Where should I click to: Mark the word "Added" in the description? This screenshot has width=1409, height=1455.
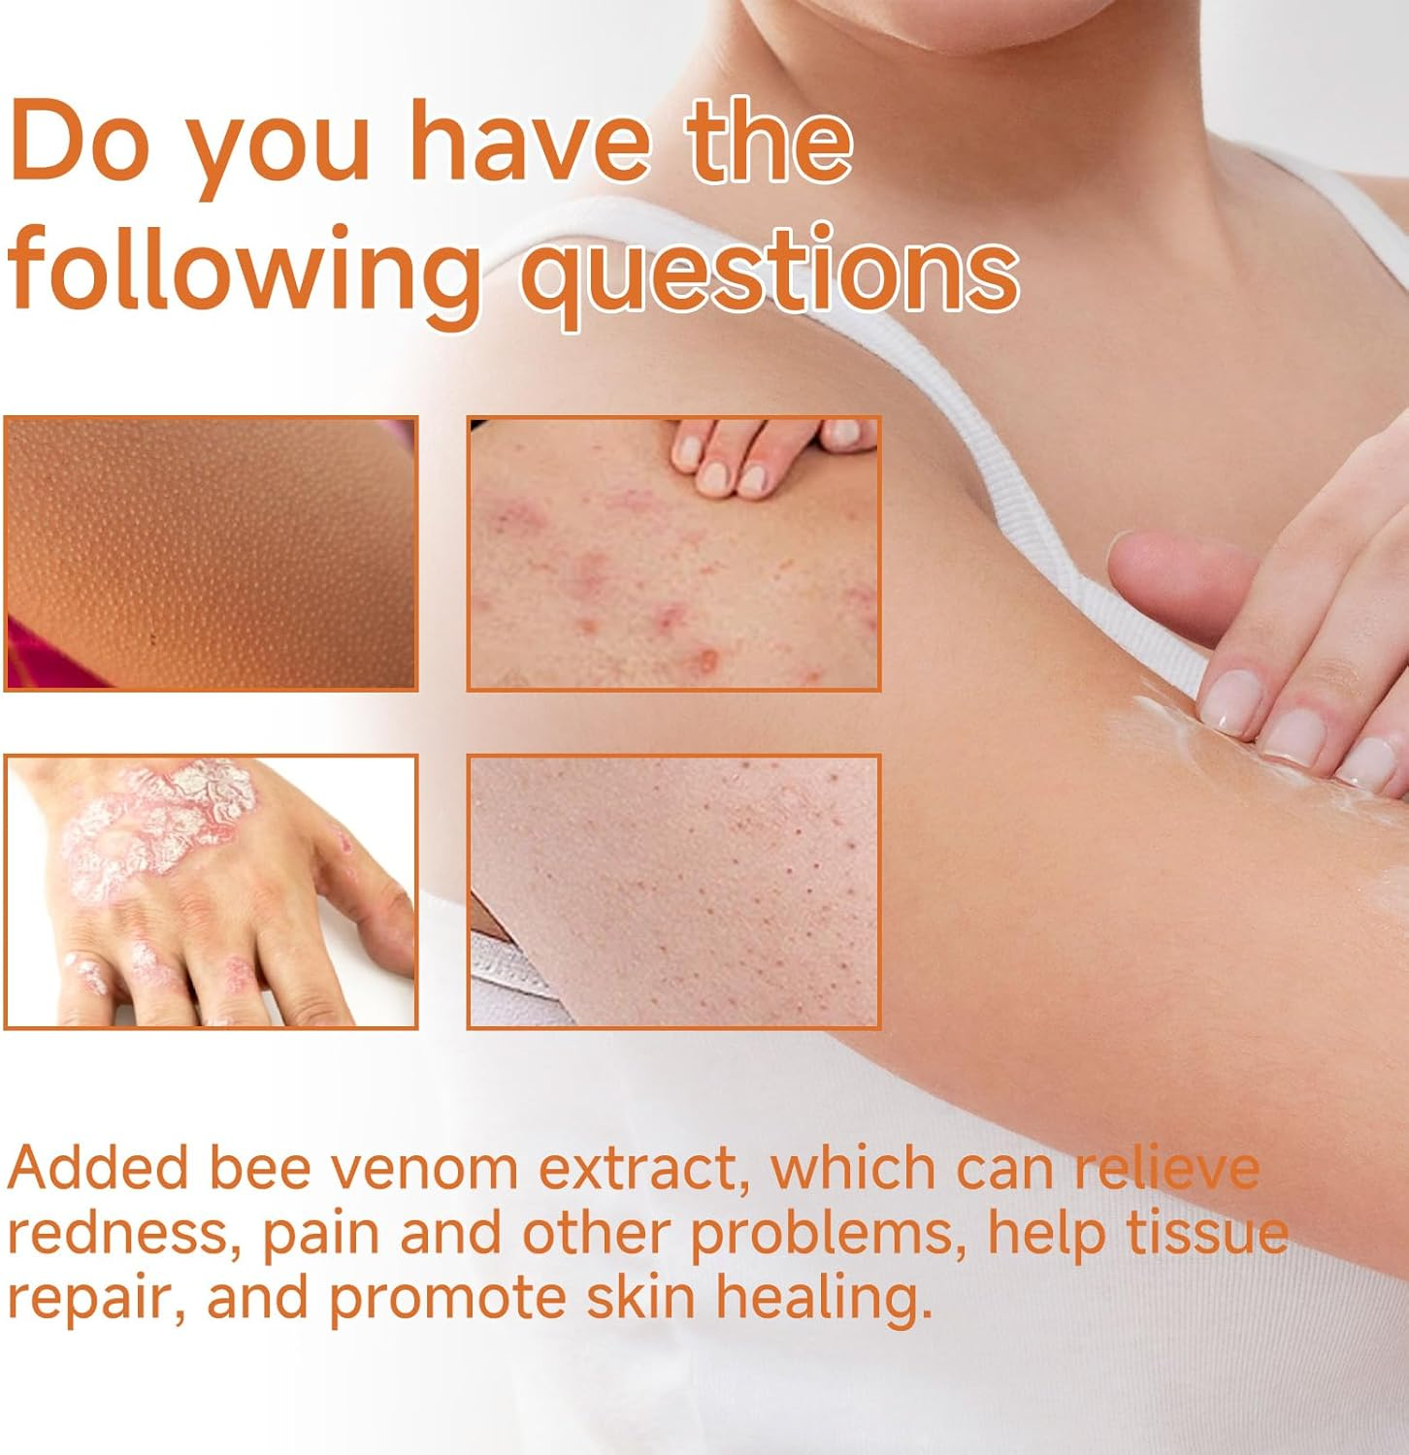pos(97,1168)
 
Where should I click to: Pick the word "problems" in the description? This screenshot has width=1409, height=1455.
pos(829,1233)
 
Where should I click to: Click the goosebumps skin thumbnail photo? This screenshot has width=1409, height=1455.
pos(211,553)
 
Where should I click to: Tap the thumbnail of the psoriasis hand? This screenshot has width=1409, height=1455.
pos(211,890)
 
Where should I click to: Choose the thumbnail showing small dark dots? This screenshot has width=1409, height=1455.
pos(673,890)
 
